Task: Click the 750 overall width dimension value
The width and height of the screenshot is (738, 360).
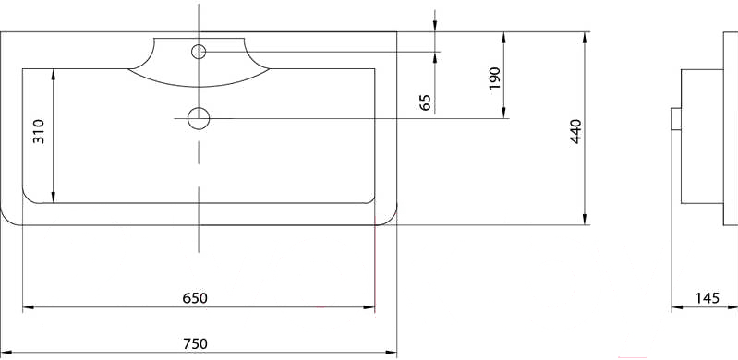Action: click(195, 344)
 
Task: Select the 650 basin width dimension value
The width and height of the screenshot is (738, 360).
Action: click(195, 298)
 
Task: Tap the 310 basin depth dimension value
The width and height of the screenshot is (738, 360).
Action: click(39, 131)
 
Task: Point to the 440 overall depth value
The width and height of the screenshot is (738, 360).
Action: click(576, 132)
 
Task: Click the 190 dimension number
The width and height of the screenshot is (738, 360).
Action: click(494, 78)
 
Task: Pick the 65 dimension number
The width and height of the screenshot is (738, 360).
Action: click(425, 102)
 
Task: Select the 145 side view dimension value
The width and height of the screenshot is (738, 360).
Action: click(708, 298)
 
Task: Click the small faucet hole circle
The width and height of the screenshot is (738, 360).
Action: click(199, 52)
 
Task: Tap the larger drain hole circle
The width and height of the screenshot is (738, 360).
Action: click(199, 118)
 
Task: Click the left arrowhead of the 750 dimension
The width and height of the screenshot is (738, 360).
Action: click(6, 352)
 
